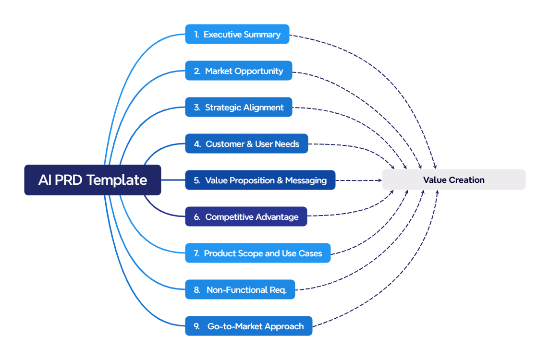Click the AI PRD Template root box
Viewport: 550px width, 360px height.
click(93, 180)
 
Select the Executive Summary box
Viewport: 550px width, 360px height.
click(237, 35)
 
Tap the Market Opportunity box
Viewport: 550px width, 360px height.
click(239, 71)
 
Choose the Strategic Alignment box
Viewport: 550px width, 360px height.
click(239, 108)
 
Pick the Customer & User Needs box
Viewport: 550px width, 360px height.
click(246, 144)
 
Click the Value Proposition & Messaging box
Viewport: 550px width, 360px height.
click(260, 180)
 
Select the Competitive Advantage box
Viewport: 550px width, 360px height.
click(246, 217)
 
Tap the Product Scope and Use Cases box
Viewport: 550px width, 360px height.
click(257, 253)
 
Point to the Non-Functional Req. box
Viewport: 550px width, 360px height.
click(240, 290)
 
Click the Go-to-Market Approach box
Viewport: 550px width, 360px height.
click(248, 326)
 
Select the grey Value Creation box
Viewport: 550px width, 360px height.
click(453, 180)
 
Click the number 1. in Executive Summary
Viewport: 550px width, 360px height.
click(196, 35)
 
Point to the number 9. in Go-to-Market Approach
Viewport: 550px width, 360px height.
click(197, 326)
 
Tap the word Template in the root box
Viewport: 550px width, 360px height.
click(117, 180)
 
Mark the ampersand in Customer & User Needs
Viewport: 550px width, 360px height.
click(250, 144)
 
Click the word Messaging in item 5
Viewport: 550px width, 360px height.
click(306, 180)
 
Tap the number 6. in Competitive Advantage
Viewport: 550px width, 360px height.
click(197, 217)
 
